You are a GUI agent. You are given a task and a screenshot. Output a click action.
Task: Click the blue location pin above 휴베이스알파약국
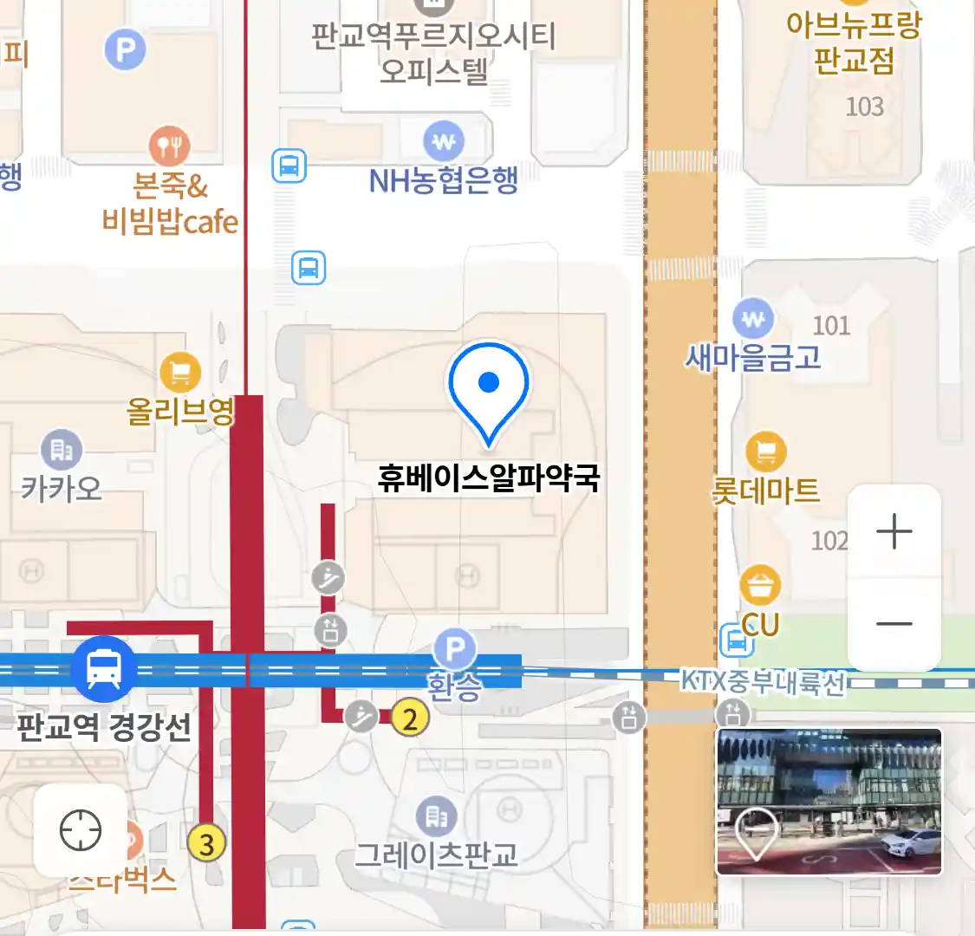coord(489,387)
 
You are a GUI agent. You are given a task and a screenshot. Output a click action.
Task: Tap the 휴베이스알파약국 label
coord(489,478)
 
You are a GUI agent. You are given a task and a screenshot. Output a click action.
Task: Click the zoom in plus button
coord(894,531)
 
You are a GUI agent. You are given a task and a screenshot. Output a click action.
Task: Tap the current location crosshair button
coord(81,831)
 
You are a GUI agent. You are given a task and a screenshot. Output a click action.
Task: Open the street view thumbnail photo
coord(829,802)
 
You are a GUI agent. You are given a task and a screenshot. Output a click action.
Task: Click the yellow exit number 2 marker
coord(410,718)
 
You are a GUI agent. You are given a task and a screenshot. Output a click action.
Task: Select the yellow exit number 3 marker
coord(206,843)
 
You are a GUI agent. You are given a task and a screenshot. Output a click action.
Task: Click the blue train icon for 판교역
coord(104,669)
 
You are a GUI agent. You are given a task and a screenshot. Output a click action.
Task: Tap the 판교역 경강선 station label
coord(104,725)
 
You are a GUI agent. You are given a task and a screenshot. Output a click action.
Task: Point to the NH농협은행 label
coord(444,180)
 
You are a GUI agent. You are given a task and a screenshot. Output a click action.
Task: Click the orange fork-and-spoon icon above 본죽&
coord(170,146)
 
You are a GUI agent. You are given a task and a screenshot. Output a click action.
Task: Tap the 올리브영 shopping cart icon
coord(180,374)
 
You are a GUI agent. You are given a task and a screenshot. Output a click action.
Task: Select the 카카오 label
coord(61,489)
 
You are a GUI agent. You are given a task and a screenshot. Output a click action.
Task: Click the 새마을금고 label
coord(753,356)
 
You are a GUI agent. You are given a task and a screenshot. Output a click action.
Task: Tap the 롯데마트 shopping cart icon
coord(766,452)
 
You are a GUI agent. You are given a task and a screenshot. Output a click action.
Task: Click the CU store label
coord(760,624)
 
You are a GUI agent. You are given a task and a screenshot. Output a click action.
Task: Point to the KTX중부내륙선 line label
coord(763,682)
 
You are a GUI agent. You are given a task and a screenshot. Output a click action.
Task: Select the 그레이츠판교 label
coord(437,855)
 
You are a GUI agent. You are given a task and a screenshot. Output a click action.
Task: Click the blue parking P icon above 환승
coord(455,648)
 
